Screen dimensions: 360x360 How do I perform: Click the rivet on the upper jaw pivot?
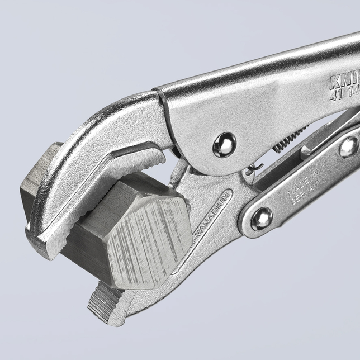[x=224, y=145]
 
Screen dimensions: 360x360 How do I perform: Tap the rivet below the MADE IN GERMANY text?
[x=262, y=219]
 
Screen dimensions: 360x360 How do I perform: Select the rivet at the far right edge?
[x=349, y=146]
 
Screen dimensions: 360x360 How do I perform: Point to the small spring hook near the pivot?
[x=254, y=167]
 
